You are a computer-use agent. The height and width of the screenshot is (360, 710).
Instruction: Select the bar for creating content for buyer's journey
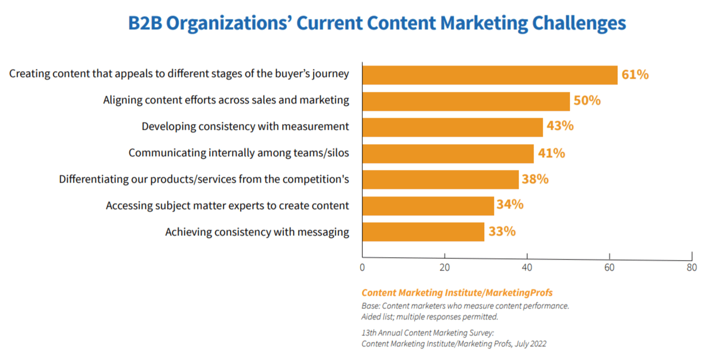tap(489, 75)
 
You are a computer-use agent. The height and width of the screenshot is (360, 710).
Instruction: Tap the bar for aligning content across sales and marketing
tap(466, 101)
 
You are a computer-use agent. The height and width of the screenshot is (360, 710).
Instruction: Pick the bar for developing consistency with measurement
tap(452, 127)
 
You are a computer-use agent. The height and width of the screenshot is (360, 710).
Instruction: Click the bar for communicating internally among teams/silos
tap(447, 153)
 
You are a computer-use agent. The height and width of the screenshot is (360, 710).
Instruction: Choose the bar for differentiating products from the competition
tap(440, 179)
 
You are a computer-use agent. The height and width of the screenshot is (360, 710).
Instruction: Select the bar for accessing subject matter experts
tap(428, 206)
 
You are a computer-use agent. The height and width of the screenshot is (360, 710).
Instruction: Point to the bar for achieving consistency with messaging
tap(423, 231)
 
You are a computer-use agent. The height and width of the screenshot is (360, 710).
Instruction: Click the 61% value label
tap(635, 75)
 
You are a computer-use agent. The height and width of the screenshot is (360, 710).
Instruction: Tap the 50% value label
tap(587, 101)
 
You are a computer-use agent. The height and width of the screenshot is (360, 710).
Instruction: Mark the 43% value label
tap(560, 126)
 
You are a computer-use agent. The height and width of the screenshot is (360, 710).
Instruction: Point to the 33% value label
tap(502, 232)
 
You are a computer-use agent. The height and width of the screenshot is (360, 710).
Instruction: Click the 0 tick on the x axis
tap(362, 268)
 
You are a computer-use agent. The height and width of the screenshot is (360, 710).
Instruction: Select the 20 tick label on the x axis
tap(444, 268)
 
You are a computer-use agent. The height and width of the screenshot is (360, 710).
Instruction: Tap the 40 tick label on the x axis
tap(527, 268)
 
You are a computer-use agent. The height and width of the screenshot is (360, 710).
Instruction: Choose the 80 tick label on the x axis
tap(692, 268)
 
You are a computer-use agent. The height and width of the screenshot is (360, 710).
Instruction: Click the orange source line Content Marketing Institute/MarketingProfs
tap(457, 293)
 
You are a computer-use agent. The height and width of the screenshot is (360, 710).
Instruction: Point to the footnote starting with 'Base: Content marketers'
tap(465, 306)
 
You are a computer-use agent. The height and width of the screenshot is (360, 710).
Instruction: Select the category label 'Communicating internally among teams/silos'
tap(238, 153)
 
